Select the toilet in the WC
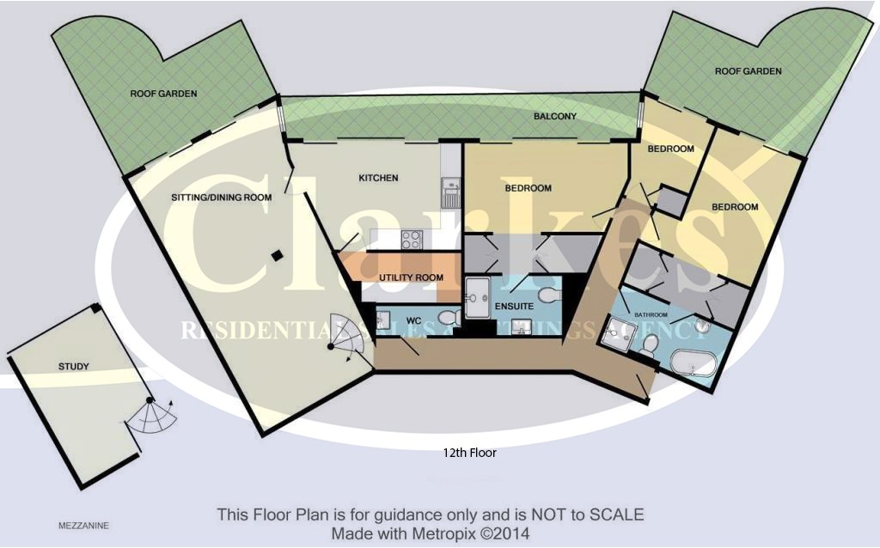click(447, 319)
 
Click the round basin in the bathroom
click(704, 326)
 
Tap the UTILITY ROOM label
click(411, 278)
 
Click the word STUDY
click(74, 367)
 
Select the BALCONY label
click(554, 116)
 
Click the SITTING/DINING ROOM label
click(221, 198)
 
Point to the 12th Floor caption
click(470, 452)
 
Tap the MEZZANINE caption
click(83, 524)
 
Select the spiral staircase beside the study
click(153, 417)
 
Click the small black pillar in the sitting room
click(275, 255)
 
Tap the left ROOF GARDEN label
click(164, 94)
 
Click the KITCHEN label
click(378, 178)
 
